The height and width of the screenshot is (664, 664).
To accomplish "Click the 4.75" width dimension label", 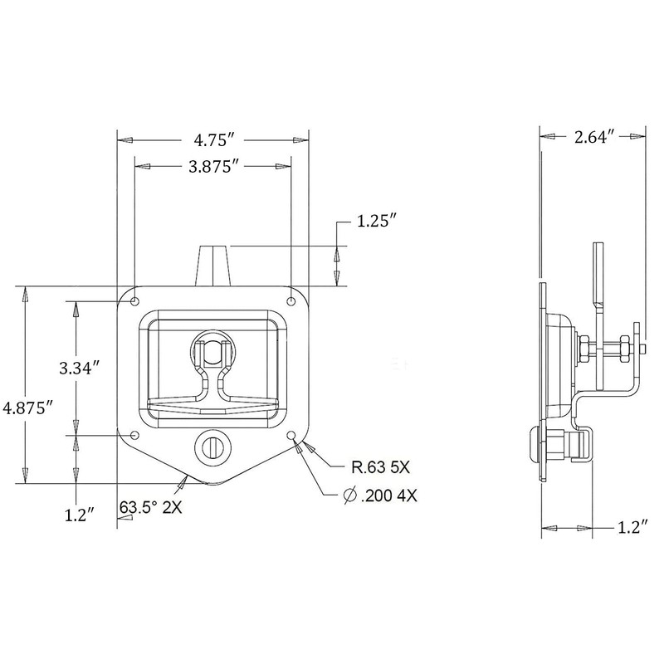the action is (213, 139).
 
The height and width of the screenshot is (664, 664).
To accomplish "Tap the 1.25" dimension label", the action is (376, 223).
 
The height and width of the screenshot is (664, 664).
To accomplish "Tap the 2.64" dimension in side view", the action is (592, 138).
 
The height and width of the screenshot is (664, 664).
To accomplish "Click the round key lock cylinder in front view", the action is (212, 447).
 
